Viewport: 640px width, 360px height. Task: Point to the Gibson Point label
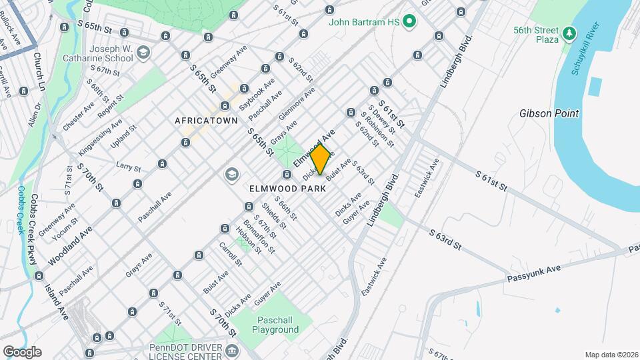[x=549, y=113]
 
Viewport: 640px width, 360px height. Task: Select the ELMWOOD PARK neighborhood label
[x=287, y=189]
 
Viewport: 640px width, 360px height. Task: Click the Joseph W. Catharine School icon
[x=143, y=52]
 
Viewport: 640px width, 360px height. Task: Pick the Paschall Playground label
[x=275, y=325]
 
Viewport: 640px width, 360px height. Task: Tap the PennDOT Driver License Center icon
[x=231, y=351]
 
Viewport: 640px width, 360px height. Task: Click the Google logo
[x=22, y=351]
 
